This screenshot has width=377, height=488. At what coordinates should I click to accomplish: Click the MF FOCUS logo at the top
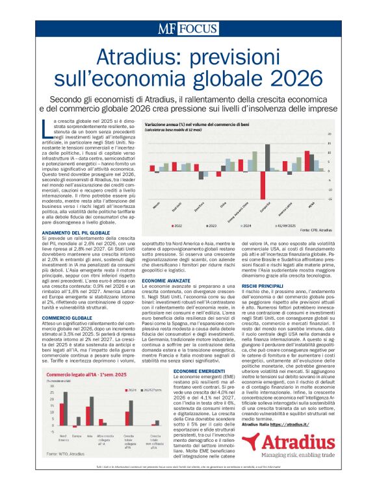point(188,29)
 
